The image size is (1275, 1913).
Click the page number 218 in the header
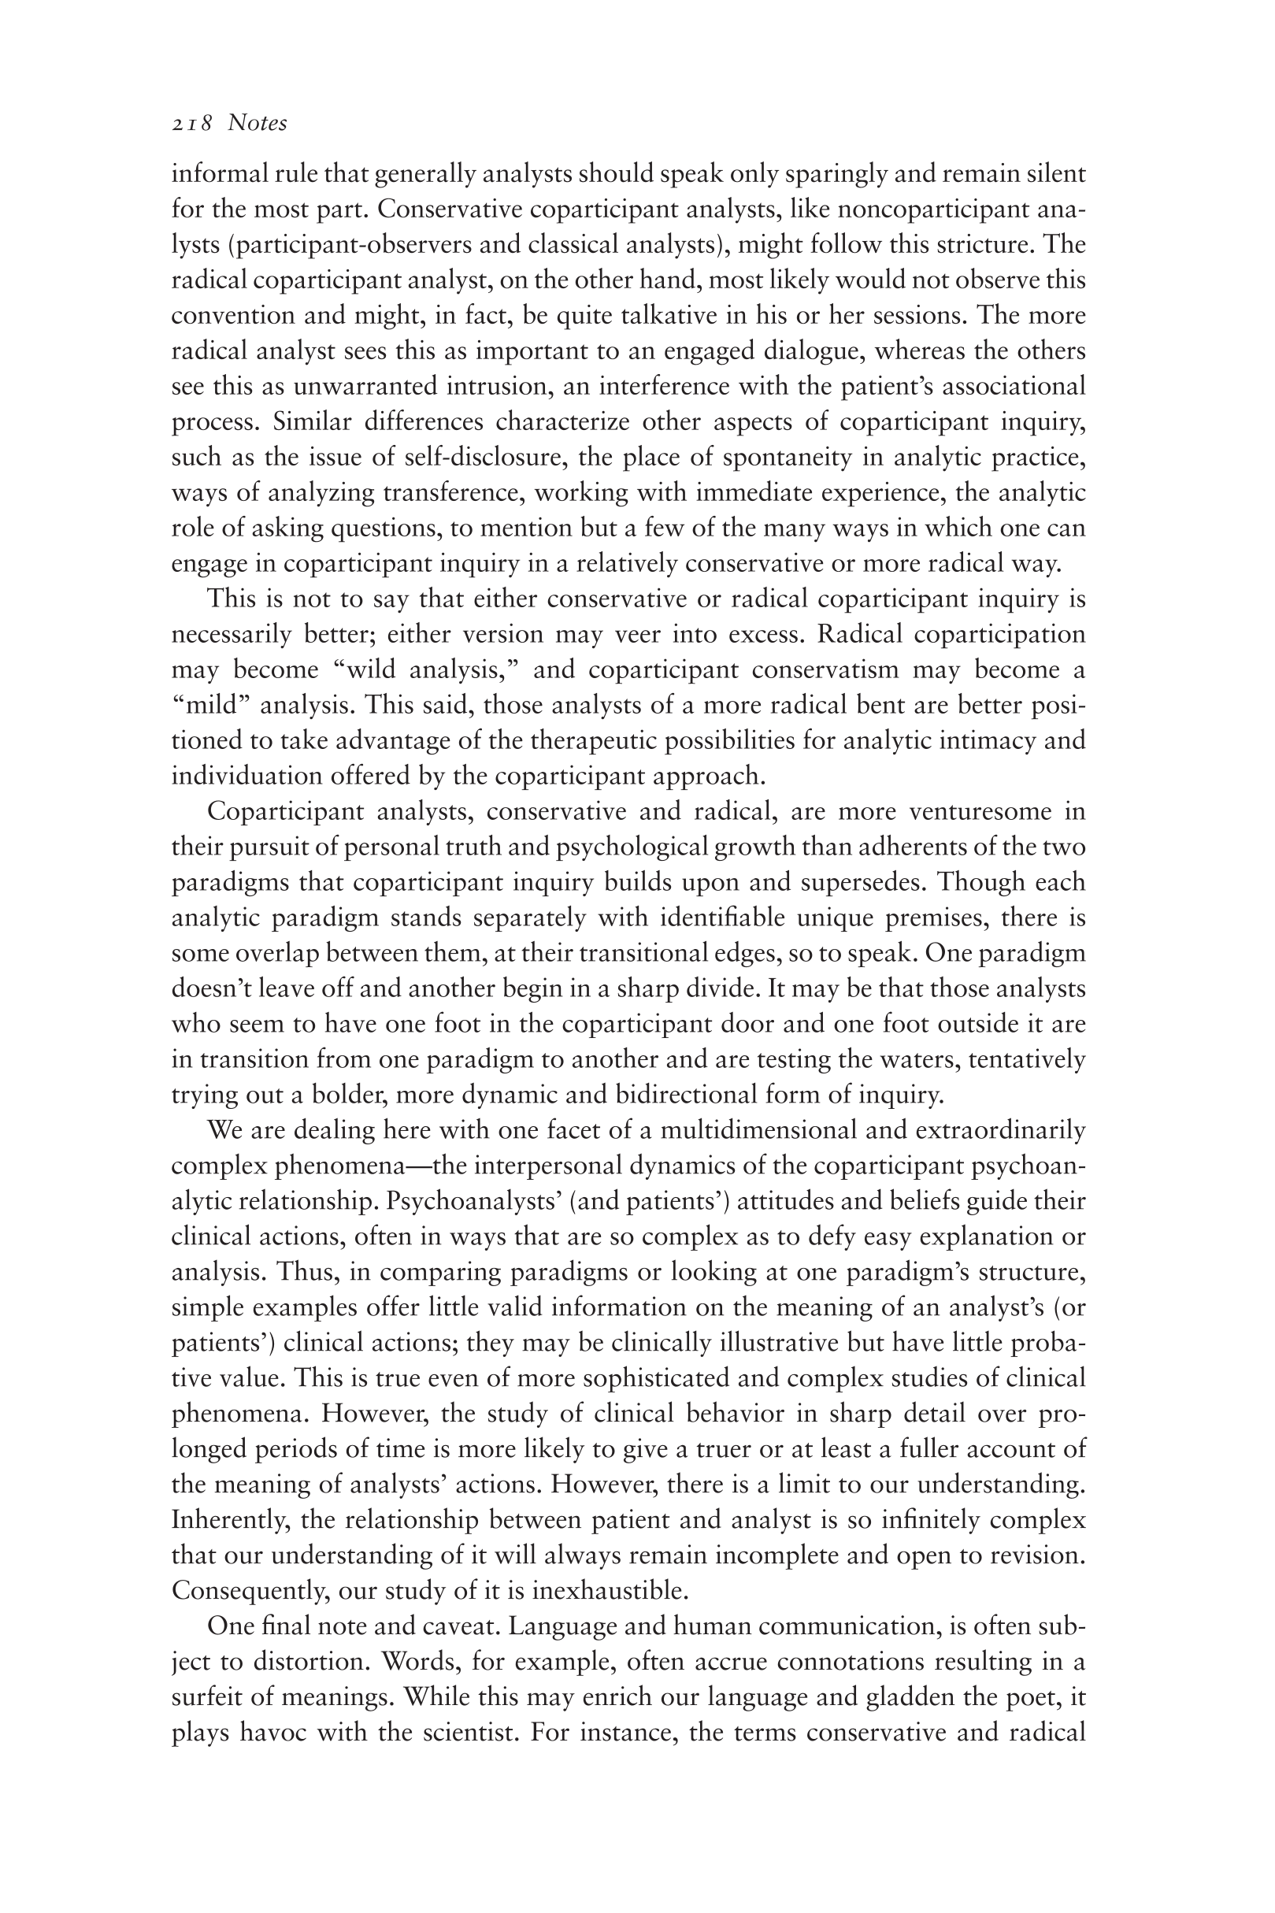point(192,124)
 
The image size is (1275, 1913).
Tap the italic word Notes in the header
point(257,123)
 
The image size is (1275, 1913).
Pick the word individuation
point(246,776)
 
